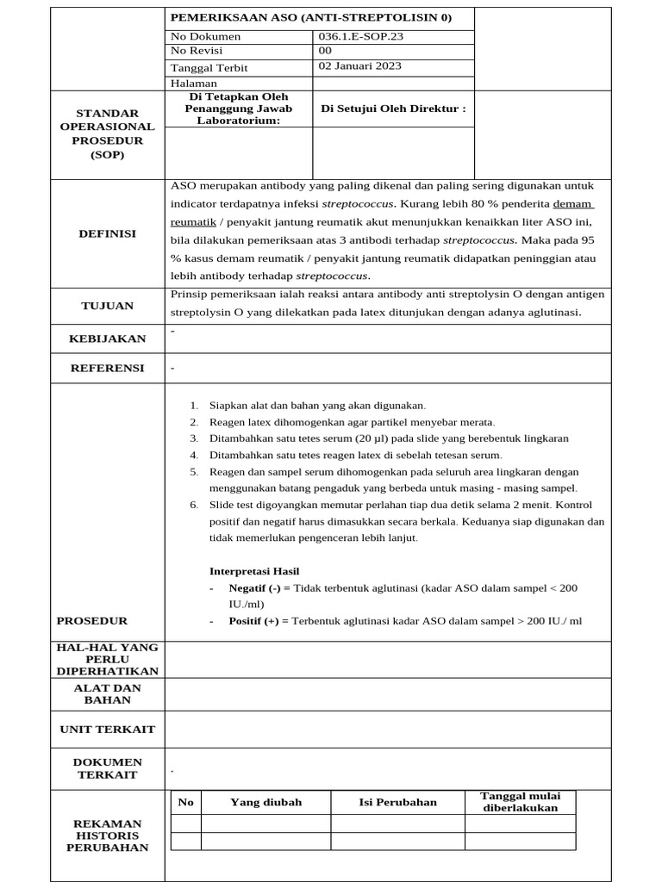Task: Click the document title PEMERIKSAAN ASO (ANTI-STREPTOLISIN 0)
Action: [311, 17]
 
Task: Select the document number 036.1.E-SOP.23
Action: [361, 36]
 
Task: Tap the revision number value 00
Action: [325, 51]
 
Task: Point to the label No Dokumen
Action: [206, 36]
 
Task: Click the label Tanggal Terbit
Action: [208, 68]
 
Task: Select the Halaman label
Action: [194, 84]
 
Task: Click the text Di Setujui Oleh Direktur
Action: [393, 109]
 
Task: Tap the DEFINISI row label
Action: [107, 233]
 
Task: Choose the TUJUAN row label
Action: [107, 306]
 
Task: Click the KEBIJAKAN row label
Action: [107, 339]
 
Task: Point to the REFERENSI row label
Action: [107, 368]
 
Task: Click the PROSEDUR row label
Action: [92, 620]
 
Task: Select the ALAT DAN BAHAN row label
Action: [107, 694]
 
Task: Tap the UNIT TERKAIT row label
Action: [107, 729]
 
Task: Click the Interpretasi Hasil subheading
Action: [254, 571]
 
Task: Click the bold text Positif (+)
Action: [259, 620]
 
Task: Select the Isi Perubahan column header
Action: [397, 802]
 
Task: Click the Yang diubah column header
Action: [265, 802]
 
